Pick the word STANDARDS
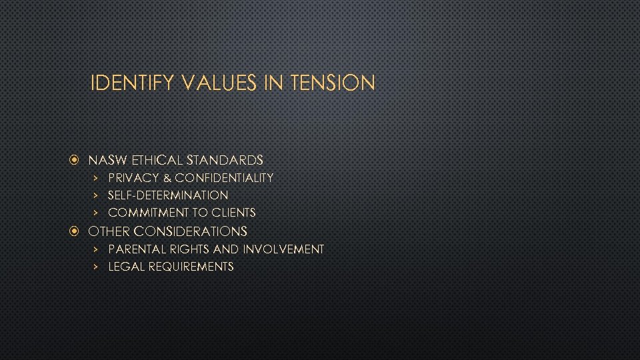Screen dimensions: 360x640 pos(225,160)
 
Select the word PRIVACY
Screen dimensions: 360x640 pos(133,178)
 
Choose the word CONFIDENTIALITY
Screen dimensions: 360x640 pos(224,178)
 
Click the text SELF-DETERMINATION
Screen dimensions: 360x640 pos(168,195)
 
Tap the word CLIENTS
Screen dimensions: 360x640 pos(233,213)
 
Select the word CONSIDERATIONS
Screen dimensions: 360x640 pos(191,232)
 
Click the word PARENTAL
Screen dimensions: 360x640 pos(133,249)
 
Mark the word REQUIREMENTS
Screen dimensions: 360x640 pos(191,267)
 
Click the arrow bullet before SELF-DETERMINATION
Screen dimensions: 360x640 pos(95,195)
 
